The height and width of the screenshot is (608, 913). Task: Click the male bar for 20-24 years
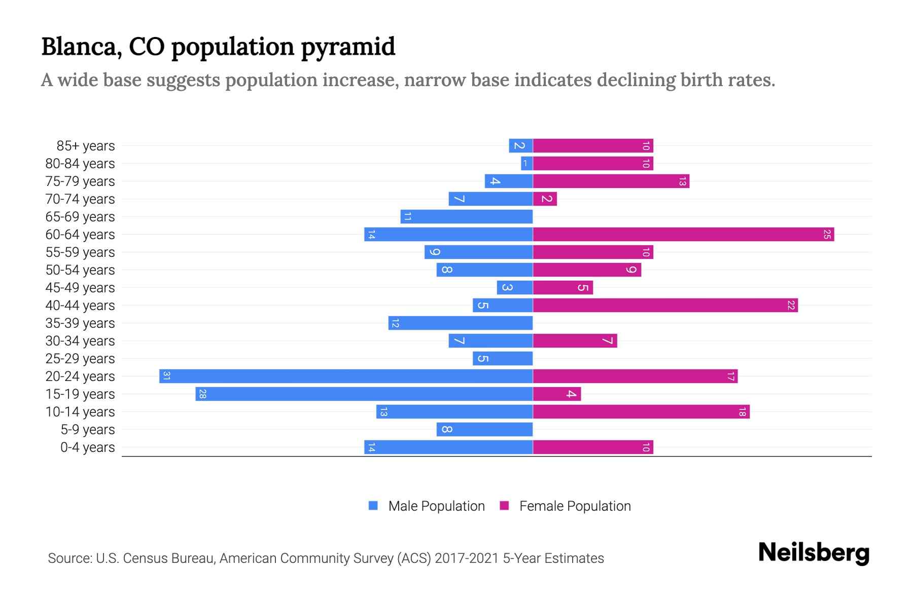click(x=346, y=376)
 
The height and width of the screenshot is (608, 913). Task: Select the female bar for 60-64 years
click(x=683, y=234)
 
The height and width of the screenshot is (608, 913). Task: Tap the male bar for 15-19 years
click(x=364, y=394)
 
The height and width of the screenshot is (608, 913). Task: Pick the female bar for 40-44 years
click(x=665, y=305)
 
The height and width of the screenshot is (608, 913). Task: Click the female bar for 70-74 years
click(x=545, y=199)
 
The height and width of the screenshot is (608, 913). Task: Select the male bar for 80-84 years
click(x=526, y=163)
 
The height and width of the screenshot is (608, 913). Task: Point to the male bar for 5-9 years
click(x=484, y=429)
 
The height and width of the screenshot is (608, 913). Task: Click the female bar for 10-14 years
click(x=641, y=411)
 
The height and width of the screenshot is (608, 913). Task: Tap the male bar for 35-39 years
click(x=461, y=323)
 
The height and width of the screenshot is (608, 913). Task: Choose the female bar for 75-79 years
click(x=611, y=181)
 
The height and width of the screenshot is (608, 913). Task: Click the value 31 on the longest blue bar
click(x=166, y=376)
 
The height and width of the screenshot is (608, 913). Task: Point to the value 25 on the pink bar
click(x=827, y=234)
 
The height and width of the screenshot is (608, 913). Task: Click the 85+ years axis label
click(x=86, y=146)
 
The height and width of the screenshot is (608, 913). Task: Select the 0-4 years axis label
click(x=87, y=447)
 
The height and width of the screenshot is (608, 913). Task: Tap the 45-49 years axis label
click(x=80, y=288)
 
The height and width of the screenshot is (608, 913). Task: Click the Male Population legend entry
click(x=427, y=506)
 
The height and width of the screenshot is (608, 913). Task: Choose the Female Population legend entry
click(x=566, y=506)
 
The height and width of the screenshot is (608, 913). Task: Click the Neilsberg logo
click(x=814, y=553)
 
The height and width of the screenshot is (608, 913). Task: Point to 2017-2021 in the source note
click(x=466, y=558)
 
